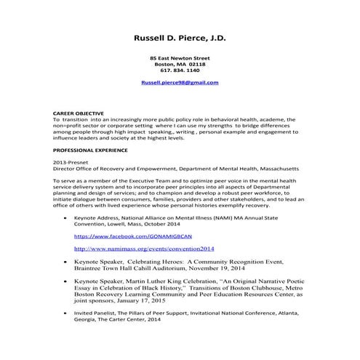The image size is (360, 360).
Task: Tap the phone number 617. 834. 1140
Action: tap(180, 71)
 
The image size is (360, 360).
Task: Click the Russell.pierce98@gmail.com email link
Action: tap(180, 84)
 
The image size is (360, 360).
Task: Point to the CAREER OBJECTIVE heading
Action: tap(79, 113)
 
